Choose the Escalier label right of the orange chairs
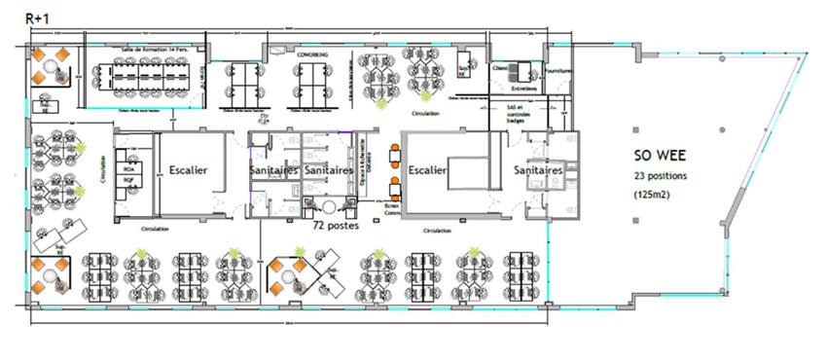(428, 169)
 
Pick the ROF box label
(128, 179)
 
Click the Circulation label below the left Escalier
(157, 230)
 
